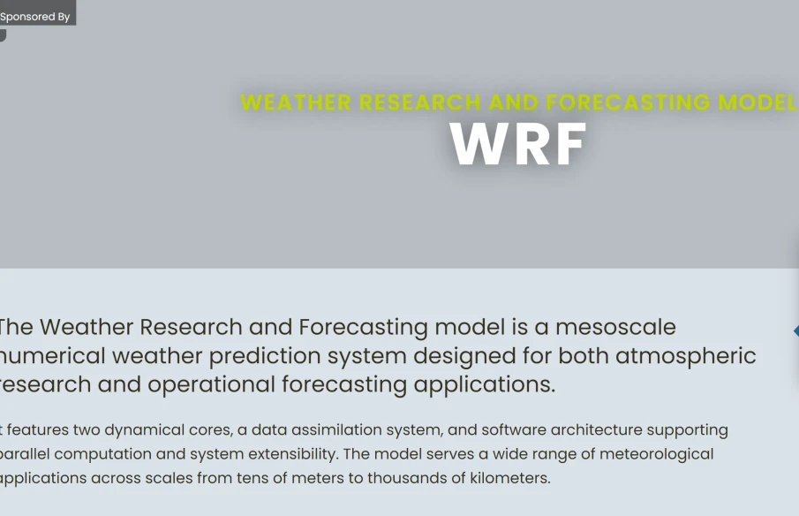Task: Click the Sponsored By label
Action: click(35, 16)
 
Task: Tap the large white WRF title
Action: click(518, 144)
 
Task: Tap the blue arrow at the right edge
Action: click(795, 330)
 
